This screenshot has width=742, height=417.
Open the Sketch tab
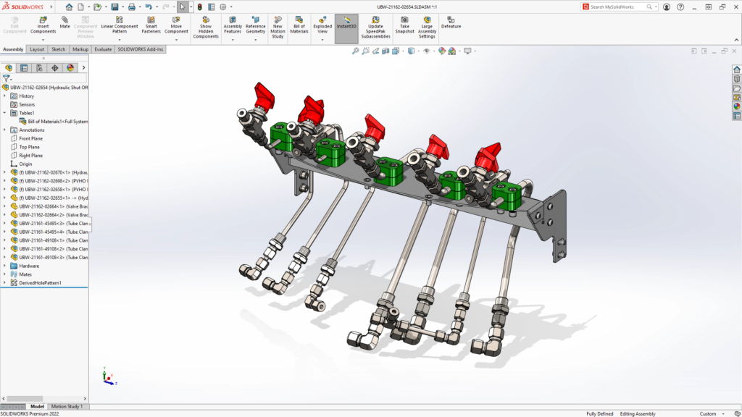(58, 49)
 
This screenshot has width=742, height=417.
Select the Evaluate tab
(102, 49)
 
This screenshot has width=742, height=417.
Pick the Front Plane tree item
(30, 138)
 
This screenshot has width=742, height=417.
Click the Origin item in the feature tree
(25, 164)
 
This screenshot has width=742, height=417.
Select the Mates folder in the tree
(25, 274)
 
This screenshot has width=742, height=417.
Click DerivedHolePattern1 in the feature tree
(40, 283)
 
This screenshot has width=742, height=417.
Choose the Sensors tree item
(27, 104)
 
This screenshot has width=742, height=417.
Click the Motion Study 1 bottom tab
(67, 406)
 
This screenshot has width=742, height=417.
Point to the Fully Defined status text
(600, 413)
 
